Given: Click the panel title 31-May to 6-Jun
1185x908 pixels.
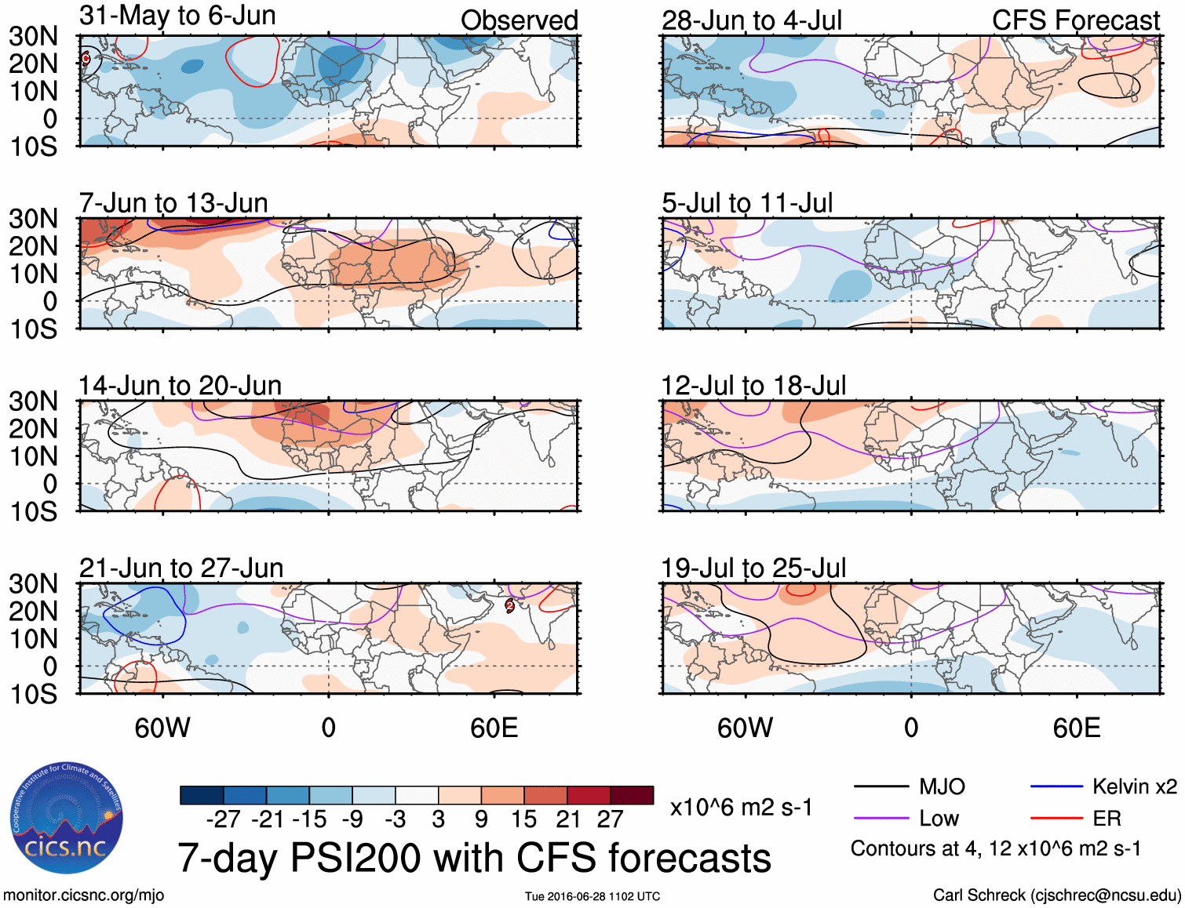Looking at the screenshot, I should coord(177,16).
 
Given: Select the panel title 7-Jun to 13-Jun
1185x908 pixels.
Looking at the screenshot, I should coord(173,203).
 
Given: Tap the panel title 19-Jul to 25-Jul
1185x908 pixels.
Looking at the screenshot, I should coord(753,568).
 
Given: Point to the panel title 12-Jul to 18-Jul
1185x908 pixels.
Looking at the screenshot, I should coord(753,386).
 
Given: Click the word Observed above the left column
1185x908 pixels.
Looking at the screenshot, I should coord(519,20).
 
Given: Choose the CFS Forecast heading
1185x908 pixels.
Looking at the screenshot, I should coord(1075,20).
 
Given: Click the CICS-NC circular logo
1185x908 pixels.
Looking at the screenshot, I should coord(66,819).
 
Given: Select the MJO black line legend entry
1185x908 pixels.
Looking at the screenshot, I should coord(910,786).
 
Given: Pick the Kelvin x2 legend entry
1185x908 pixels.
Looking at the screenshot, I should coord(1103,786).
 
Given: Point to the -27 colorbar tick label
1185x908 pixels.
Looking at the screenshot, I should coord(223,819).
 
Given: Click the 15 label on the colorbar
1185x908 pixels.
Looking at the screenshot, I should coord(523,819).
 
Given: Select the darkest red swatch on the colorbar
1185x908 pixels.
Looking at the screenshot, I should coord(632,795).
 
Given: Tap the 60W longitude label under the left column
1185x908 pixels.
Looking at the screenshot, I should coord(162,728).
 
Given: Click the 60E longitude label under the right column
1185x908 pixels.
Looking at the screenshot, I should coord(1076,728).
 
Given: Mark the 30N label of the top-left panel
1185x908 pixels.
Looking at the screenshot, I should coord(33,36).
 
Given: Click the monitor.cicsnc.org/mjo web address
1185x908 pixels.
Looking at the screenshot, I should coord(83,895).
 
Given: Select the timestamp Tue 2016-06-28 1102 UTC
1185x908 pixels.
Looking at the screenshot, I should coord(592,896).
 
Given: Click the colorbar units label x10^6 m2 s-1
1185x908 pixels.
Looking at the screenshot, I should coord(741,808).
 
